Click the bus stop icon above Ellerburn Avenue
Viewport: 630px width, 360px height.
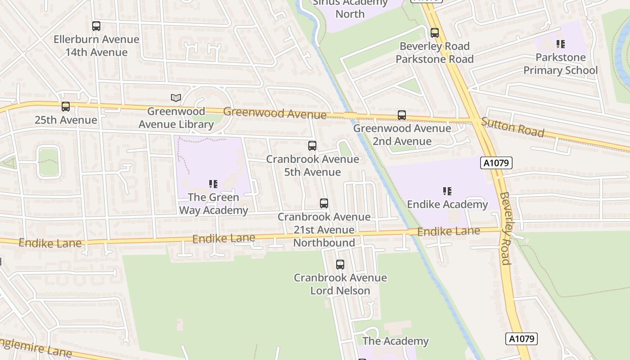(x=96, y=26)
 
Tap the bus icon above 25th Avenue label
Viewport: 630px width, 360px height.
(x=66, y=107)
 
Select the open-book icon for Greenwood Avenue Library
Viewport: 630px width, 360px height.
(x=176, y=98)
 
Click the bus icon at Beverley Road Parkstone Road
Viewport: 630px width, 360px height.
(x=435, y=33)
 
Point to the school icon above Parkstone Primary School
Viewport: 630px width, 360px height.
(x=560, y=44)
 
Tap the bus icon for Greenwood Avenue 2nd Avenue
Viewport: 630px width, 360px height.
(x=402, y=115)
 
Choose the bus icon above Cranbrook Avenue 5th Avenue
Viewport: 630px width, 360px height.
(x=312, y=146)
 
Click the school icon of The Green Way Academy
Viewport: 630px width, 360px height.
(x=213, y=184)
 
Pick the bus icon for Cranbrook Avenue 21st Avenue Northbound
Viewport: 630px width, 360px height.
(x=324, y=203)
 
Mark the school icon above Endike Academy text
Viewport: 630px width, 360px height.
(x=447, y=191)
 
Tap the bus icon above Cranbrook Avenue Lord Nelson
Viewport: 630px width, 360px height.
(x=340, y=265)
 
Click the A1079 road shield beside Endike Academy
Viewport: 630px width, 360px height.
(x=496, y=163)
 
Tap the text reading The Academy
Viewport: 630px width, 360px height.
(x=396, y=341)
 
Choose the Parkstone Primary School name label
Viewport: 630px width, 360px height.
(x=560, y=64)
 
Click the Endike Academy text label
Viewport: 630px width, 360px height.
(x=447, y=204)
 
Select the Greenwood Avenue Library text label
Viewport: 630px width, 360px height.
(x=176, y=117)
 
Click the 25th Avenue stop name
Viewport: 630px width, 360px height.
(x=66, y=120)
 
